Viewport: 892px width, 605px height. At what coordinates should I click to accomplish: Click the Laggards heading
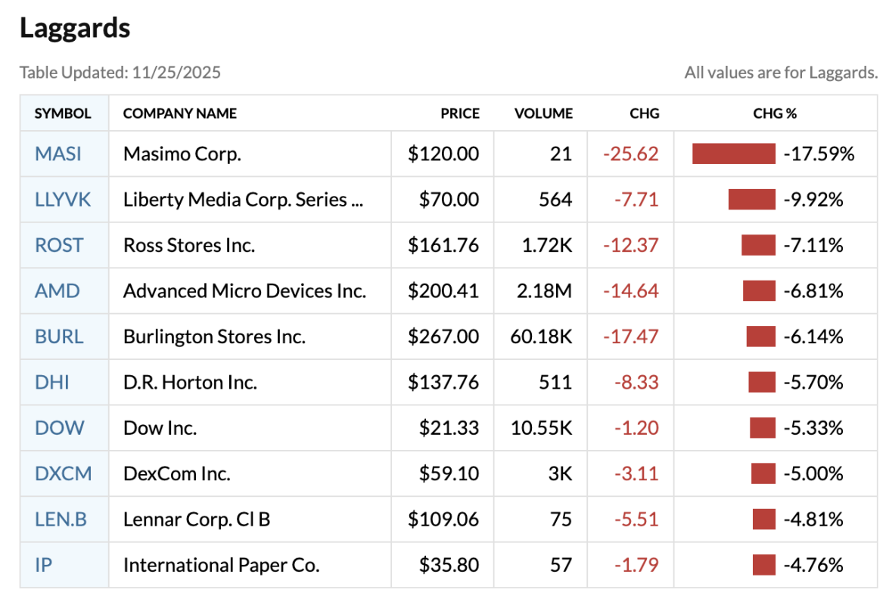[x=75, y=28]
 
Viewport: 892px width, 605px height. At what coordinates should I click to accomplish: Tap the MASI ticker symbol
[x=58, y=154]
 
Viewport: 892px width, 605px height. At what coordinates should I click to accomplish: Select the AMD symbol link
[x=57, y=290]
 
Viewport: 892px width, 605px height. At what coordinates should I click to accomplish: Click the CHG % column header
[x=775, y=113]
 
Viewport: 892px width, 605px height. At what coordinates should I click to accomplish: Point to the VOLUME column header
[x=543, y=113]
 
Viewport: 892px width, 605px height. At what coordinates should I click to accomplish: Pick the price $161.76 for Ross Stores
[x=443, y=245]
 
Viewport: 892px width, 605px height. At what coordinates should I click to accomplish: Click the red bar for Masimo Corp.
[x=734, y=154]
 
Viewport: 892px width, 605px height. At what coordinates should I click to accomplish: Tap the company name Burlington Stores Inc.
[x=214, y=337]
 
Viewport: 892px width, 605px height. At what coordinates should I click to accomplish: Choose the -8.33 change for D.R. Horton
[x=636, y=382]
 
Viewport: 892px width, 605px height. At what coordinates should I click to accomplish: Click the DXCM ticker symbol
[x=64, y=473]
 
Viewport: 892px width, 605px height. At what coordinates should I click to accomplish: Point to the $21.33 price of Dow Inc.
[x=449, y=428]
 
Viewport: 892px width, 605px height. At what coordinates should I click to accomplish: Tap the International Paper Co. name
[x=221, y=565]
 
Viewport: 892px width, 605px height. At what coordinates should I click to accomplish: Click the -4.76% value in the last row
[x=813, y=565]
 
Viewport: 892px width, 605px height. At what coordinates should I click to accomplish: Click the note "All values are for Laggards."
[x=781, y=73]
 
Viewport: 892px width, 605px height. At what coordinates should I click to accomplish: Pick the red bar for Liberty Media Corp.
[x=752, y=200]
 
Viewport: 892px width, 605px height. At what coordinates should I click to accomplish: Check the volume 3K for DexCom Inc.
[x=561, y=473]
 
